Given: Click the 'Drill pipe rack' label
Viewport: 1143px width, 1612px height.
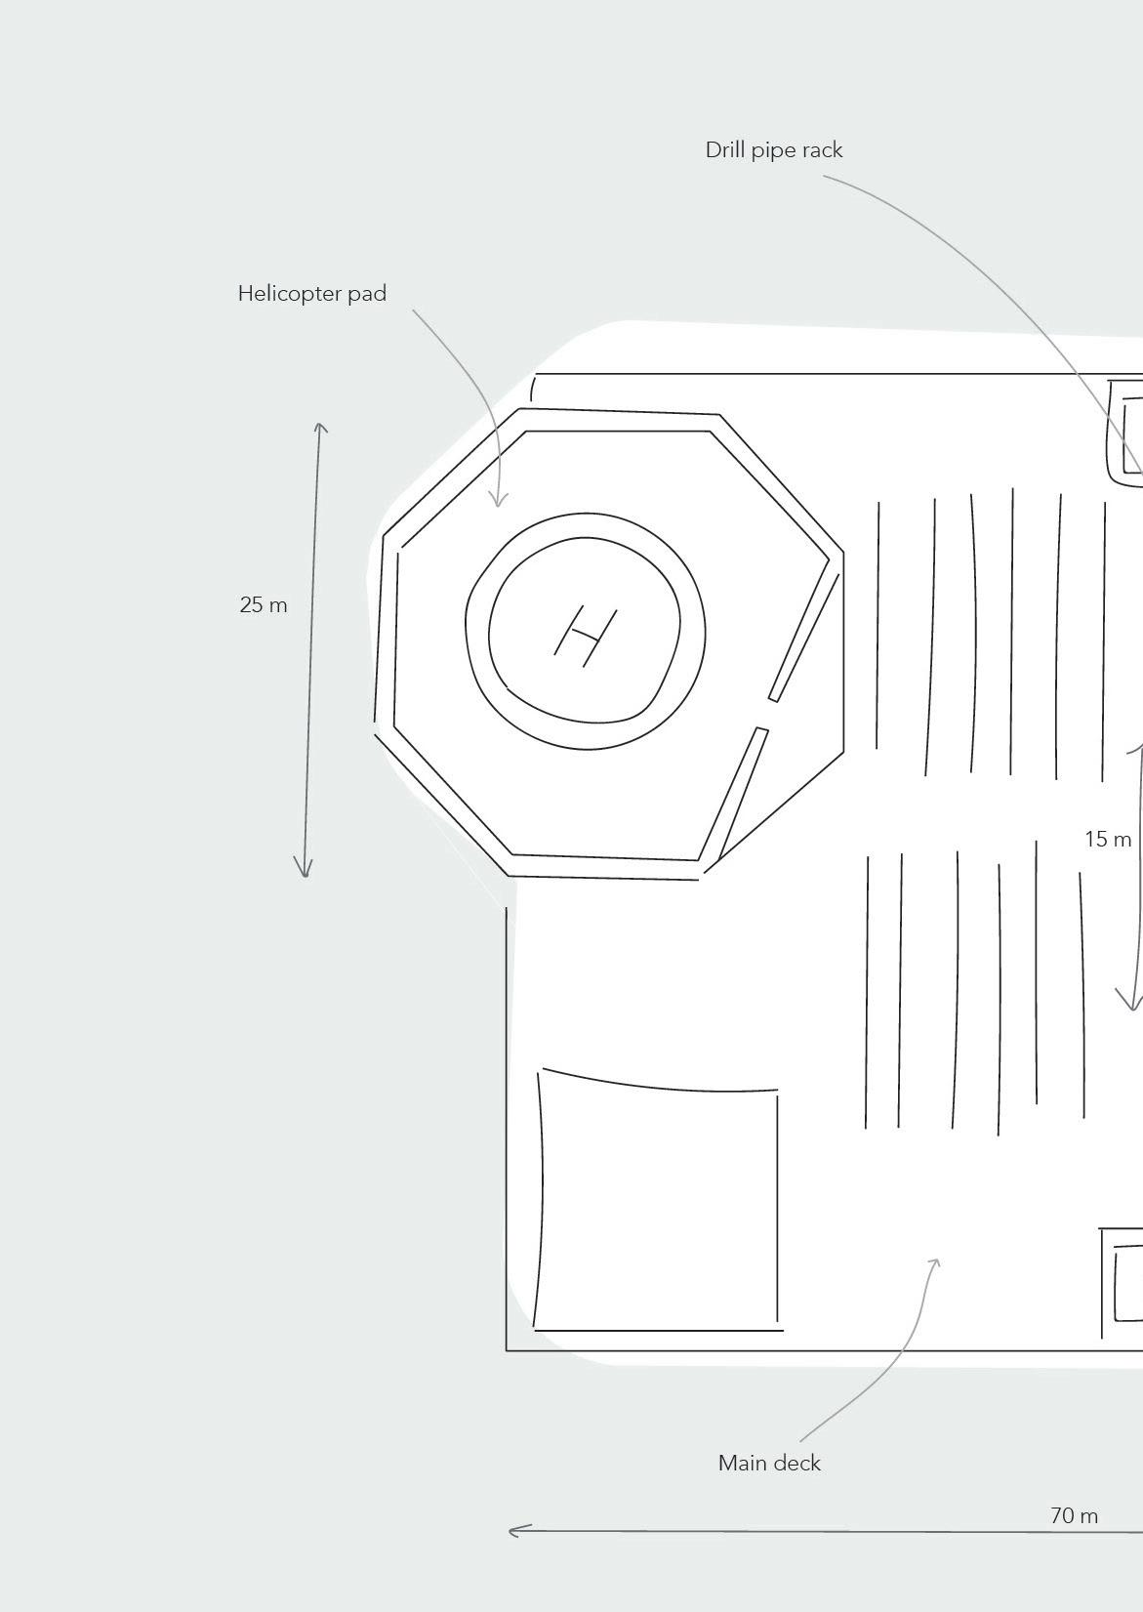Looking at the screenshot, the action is (773, 150).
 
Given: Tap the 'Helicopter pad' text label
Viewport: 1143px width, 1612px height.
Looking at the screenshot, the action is (311, 294).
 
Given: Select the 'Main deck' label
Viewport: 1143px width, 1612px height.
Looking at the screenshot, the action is (769, 1463).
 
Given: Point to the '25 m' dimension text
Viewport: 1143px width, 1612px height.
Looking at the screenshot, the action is (264, 605).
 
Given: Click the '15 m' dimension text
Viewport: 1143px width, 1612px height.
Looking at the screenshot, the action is (1108, 839).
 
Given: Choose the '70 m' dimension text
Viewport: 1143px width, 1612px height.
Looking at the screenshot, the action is (1074, 1515).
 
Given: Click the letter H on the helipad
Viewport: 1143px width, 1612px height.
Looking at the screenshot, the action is (586, 636).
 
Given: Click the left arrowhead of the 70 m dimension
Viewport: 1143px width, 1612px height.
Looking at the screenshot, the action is (511, 1530).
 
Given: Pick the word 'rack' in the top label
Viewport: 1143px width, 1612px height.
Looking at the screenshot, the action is (822, 150).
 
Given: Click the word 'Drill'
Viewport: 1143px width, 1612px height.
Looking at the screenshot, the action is (724, 150).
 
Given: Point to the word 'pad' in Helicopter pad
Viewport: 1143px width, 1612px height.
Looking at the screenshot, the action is (367, 294).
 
